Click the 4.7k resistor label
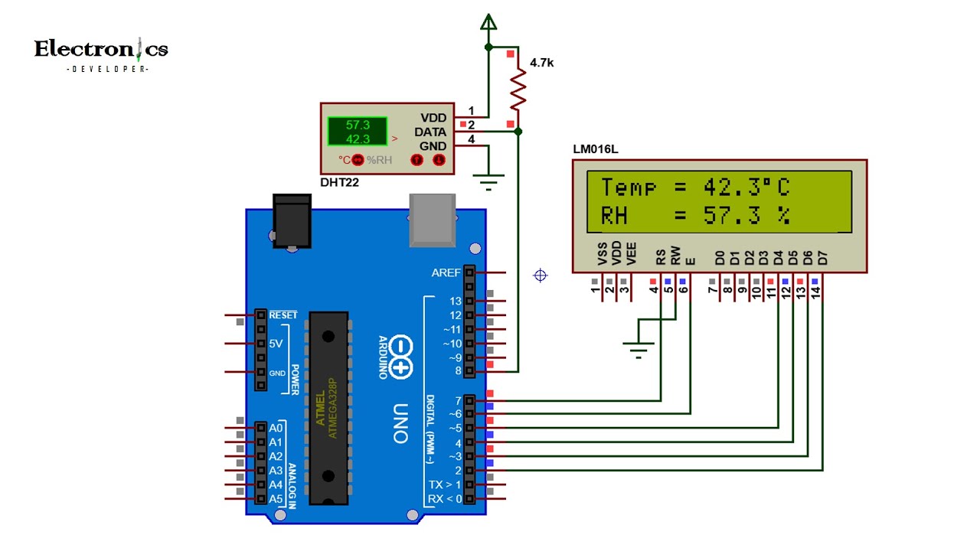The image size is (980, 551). (x=541, y=64)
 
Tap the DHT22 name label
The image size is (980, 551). (x=339, y=183)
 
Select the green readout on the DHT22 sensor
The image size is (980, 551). (x=358, y=132)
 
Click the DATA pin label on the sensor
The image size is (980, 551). (x=430, y=132)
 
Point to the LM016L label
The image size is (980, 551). (x=595, y=149)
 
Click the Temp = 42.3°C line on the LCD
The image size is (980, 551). (x=694, y=187)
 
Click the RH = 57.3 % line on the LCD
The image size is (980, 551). (x=694, y=216)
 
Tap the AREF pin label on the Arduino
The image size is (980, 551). (x=446, y=272)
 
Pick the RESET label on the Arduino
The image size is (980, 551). (x=283, y=315)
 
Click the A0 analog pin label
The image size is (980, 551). (x=276, y=428)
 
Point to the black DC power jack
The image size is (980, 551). (x=292, y=221)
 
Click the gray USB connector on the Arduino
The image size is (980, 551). (x=433, y=220)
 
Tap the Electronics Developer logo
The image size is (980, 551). (x=101, y=54)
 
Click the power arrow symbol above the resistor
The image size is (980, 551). (x=488, y=22)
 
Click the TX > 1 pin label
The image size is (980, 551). (x=445, y=484)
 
